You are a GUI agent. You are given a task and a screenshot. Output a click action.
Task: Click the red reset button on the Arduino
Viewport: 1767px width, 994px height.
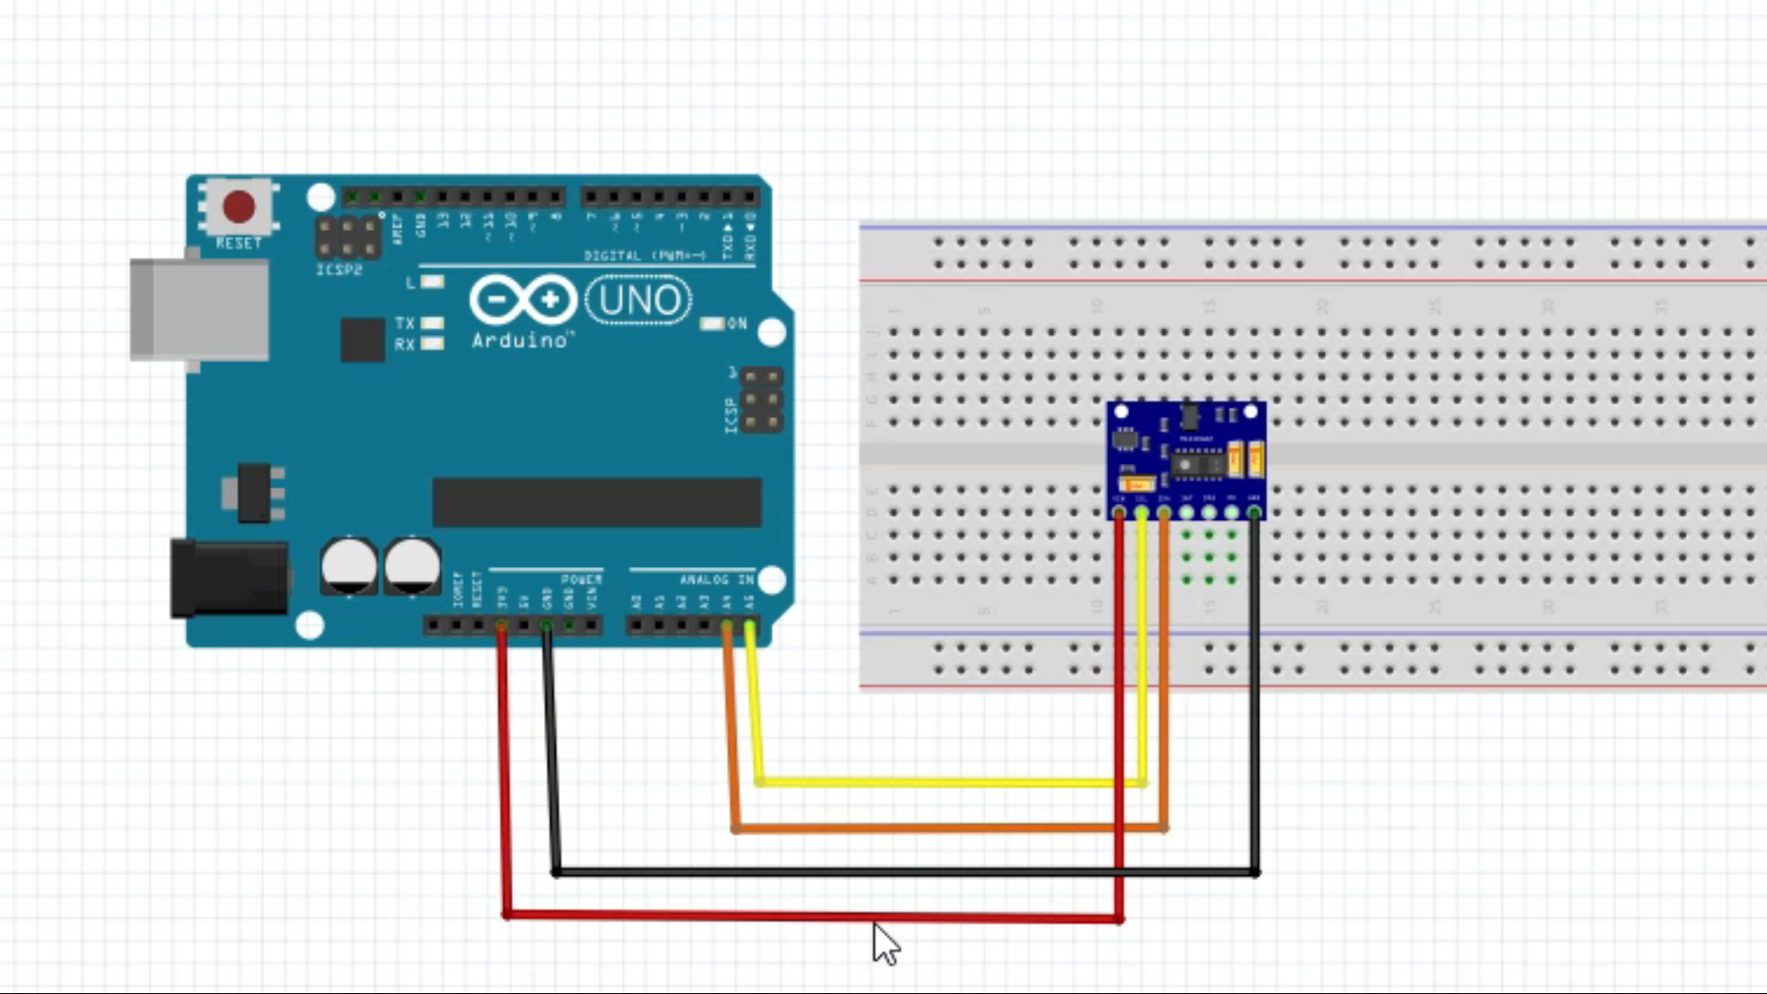pyautogui.click(x=239, y=206)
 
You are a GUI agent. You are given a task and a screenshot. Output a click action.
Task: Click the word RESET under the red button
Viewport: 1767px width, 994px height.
pyautogui.click(x=238, y=244)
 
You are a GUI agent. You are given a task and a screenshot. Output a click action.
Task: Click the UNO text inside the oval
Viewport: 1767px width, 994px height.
pyautogui.click(x=639, y=300)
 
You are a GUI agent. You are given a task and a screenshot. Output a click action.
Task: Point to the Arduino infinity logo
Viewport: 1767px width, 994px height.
pyautogui.click(x=523, y=300)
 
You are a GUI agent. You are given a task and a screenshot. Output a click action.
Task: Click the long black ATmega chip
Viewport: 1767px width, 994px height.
pyautogui.click(x=596, y=503)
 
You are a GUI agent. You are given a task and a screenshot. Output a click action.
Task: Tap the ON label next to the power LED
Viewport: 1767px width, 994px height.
pyautogui.click(x=737, y=324)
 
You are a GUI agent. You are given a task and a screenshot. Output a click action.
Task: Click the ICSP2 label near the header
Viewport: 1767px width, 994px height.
pyautogui.click(x=339, y=271)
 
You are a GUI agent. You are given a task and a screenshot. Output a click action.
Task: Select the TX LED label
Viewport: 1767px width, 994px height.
pyautogui.click(x=405, y=323)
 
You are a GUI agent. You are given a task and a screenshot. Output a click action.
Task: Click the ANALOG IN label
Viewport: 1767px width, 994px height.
pyautogui.click(x=716, y=580)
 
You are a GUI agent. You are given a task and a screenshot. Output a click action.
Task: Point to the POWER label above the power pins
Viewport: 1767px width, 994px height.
pyautogui.click(x=581, y=580)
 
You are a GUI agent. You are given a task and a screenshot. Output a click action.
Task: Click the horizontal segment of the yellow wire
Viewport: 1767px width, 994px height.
pyautogui.click(x=948, y=782)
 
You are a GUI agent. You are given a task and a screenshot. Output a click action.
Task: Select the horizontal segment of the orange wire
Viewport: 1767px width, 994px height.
pyautogui.click(x=948, y=828)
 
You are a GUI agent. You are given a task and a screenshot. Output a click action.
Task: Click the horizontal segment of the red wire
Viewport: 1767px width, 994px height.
pyautogui.click(x=810, y=916)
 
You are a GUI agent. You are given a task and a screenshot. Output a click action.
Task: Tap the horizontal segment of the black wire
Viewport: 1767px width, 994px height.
pyautogui.click(x=902, y=871)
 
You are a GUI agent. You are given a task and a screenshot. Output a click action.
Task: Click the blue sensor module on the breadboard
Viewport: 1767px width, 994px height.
pyautogui.click(x=1185, y=457)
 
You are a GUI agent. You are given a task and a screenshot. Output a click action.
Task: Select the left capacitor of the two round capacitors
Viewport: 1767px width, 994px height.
pyautogui.click(x=349, y=565)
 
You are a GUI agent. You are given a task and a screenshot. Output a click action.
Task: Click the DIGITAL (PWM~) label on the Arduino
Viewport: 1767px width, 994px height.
pyautogui.click(x=644, y=255)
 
